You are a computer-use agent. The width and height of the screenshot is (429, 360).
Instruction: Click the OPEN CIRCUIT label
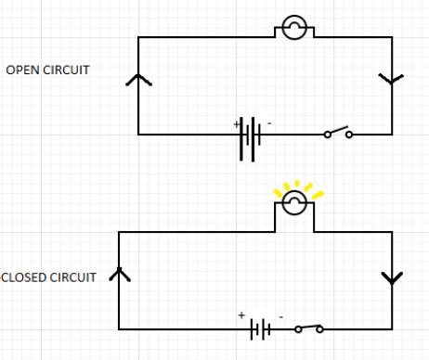(48, 70)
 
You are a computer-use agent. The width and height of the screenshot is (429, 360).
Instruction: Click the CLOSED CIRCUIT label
(48, 277)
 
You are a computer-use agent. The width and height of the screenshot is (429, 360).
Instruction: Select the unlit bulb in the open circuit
(293, 29)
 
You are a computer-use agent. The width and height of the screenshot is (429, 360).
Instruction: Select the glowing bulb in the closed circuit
(293, 203)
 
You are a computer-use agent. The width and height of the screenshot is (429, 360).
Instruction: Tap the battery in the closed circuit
(261, 328)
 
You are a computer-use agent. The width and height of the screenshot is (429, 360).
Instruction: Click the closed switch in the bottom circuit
(309, 328)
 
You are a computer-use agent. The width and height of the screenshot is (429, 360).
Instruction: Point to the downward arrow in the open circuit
(391, 79)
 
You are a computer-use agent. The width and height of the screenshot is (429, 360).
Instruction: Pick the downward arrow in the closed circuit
(392, 278)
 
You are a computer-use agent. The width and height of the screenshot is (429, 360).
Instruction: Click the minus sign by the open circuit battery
(269, 122)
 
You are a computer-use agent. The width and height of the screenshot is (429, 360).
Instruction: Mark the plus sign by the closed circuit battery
(241, 316)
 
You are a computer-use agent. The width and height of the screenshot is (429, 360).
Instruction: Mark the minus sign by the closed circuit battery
(280, 316)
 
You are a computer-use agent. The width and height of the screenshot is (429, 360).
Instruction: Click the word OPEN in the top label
(21, 70)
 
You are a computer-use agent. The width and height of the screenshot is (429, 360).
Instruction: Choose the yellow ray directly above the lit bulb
(296, 184)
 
